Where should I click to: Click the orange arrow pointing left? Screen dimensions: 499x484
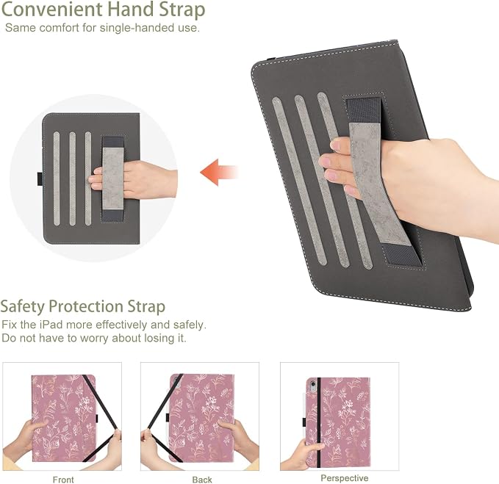tap(218, 172)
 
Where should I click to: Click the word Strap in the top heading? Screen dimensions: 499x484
tap(182, 10)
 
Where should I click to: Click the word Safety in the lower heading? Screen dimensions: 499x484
tap(23, 307)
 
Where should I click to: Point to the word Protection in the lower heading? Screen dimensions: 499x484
tap(86, 306)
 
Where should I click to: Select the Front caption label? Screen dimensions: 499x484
tap(63, 480)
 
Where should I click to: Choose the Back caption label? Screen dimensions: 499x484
tap(202, 480)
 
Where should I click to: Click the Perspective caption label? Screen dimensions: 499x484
tap(345, 478)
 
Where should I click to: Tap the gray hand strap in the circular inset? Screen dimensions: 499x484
tap(112, 178)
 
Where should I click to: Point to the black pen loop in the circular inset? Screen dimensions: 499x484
tap(40, 178)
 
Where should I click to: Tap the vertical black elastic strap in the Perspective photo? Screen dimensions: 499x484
tap(319, 422)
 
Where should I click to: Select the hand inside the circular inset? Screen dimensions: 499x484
tap(134, 180)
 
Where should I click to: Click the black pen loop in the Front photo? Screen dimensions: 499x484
tap(97, 419)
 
